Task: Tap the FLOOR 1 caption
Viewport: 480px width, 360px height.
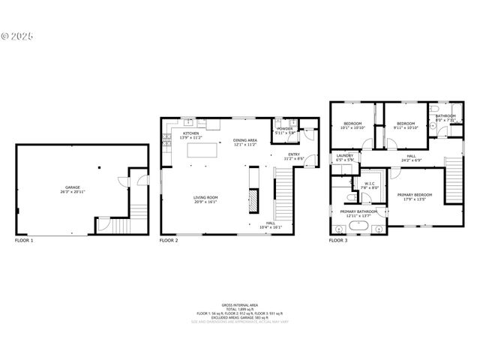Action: pyautogui.click(x=25, y=240)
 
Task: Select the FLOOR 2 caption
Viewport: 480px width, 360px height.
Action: pyautogui.click(x=169, y=240)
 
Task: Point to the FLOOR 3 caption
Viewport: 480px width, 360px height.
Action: pyautogui.click(x=338, y=240)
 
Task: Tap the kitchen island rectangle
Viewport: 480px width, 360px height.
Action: pyautogui.click(x=202, y=150)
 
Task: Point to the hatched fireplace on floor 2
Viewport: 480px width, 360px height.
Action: pyautogui.click(x=254, y=200)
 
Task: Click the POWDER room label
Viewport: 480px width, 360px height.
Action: pyautogui.click(x=284, y=130)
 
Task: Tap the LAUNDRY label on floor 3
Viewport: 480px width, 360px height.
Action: pyautogui.click(x=344, y=157)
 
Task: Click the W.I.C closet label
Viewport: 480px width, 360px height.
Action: pyautogui.click(x=370, y=184)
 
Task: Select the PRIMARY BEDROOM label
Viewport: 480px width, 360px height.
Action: pyautogui.click(x=419, y=196)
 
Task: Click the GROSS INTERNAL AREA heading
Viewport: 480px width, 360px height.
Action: pyautogui.click(x=240, y=304)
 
